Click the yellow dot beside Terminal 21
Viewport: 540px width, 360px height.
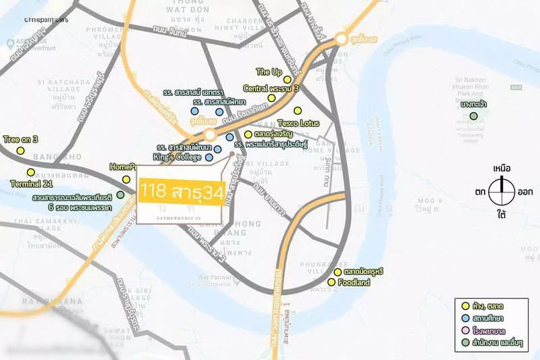click(x=30, y=172)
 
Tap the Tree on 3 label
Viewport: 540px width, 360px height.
click(x=21, y=139)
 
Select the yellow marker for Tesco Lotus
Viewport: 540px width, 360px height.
click(x=297, y=111)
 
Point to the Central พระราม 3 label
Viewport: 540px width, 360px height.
click(x=271, y=88)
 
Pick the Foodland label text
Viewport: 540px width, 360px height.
click(x=353, y=282)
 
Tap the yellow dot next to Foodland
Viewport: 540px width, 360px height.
click(x=331, y=282)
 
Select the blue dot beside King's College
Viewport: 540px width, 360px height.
click(x=209, y=157)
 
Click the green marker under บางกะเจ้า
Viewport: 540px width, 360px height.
click(x=474, y=116)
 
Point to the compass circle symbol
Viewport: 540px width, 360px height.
click(x=502, y=191)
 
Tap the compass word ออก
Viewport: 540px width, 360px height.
click(x=526, y=192)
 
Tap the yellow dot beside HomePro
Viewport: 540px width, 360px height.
click(x=126, y=180)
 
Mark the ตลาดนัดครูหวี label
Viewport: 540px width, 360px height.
click(x=363, y=272)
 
